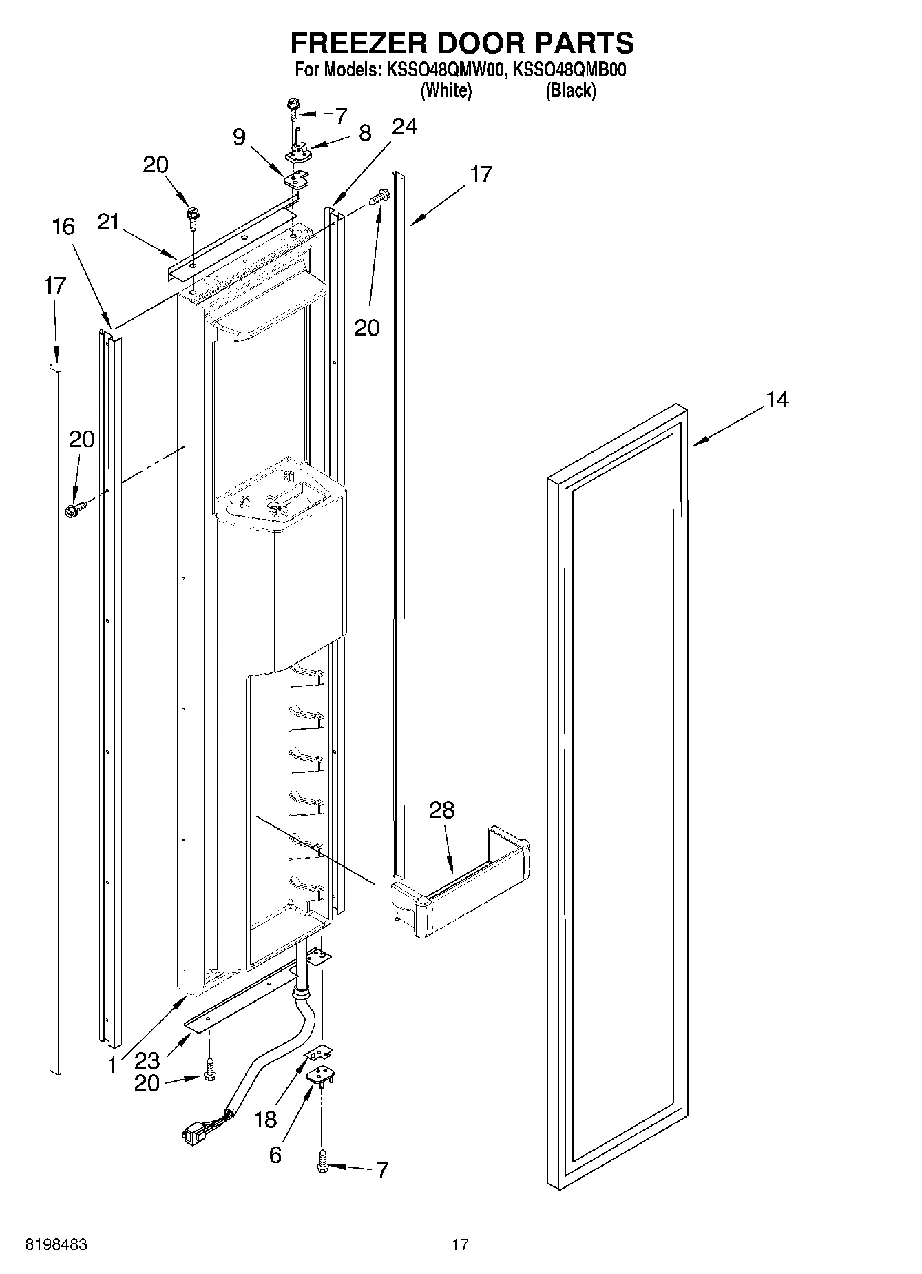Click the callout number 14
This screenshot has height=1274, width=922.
tap(777, 400)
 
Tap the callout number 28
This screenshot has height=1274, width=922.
tap(441, 810)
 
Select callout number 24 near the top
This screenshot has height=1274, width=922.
tap(404, 127)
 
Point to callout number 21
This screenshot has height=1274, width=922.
tap(108, 222)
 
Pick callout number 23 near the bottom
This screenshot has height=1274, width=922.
tap(147, 1060)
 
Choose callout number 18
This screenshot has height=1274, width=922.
tap(266, 1119)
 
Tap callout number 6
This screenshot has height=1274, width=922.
tap(275, 1154)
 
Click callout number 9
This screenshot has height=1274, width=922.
tap(238, 137)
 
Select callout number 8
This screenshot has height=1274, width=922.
tap(364, 132)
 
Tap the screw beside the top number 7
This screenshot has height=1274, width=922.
tap(293, 106)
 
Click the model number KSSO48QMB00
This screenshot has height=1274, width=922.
tap(570, 70)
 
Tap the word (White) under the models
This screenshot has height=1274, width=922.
tap(446, 90)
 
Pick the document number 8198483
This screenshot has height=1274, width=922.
tap(56, 1244)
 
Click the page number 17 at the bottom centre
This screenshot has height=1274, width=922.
tap(460, 1244)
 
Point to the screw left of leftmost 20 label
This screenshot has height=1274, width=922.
tap(74, 510)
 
